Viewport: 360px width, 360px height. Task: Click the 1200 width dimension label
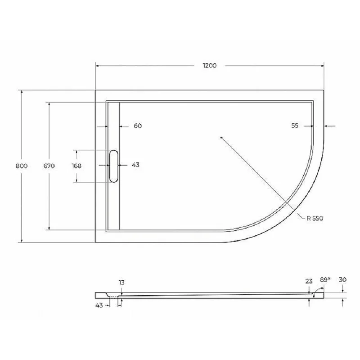coord(209,65)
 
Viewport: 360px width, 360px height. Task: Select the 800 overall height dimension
coord(22,166)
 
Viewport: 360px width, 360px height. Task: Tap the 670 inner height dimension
coord(49,166)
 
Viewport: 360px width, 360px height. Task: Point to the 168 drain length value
coord(76,166)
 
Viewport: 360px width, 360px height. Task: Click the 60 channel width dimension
coord(138,126)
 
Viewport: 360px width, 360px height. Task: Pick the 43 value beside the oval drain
coord(135,165)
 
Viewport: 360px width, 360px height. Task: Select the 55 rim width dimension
coord(295,126)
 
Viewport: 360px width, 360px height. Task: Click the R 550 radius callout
coord(315,218)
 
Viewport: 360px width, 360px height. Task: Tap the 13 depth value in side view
coord(121,282)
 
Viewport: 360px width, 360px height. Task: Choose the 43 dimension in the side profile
coord(99,305)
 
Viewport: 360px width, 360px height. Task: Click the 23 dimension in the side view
coord(309,281)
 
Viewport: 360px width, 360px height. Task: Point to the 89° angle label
coord(325,279)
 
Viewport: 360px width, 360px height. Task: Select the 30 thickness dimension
coord(343,279)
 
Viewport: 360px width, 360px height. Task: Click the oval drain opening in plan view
coord(113,166)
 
